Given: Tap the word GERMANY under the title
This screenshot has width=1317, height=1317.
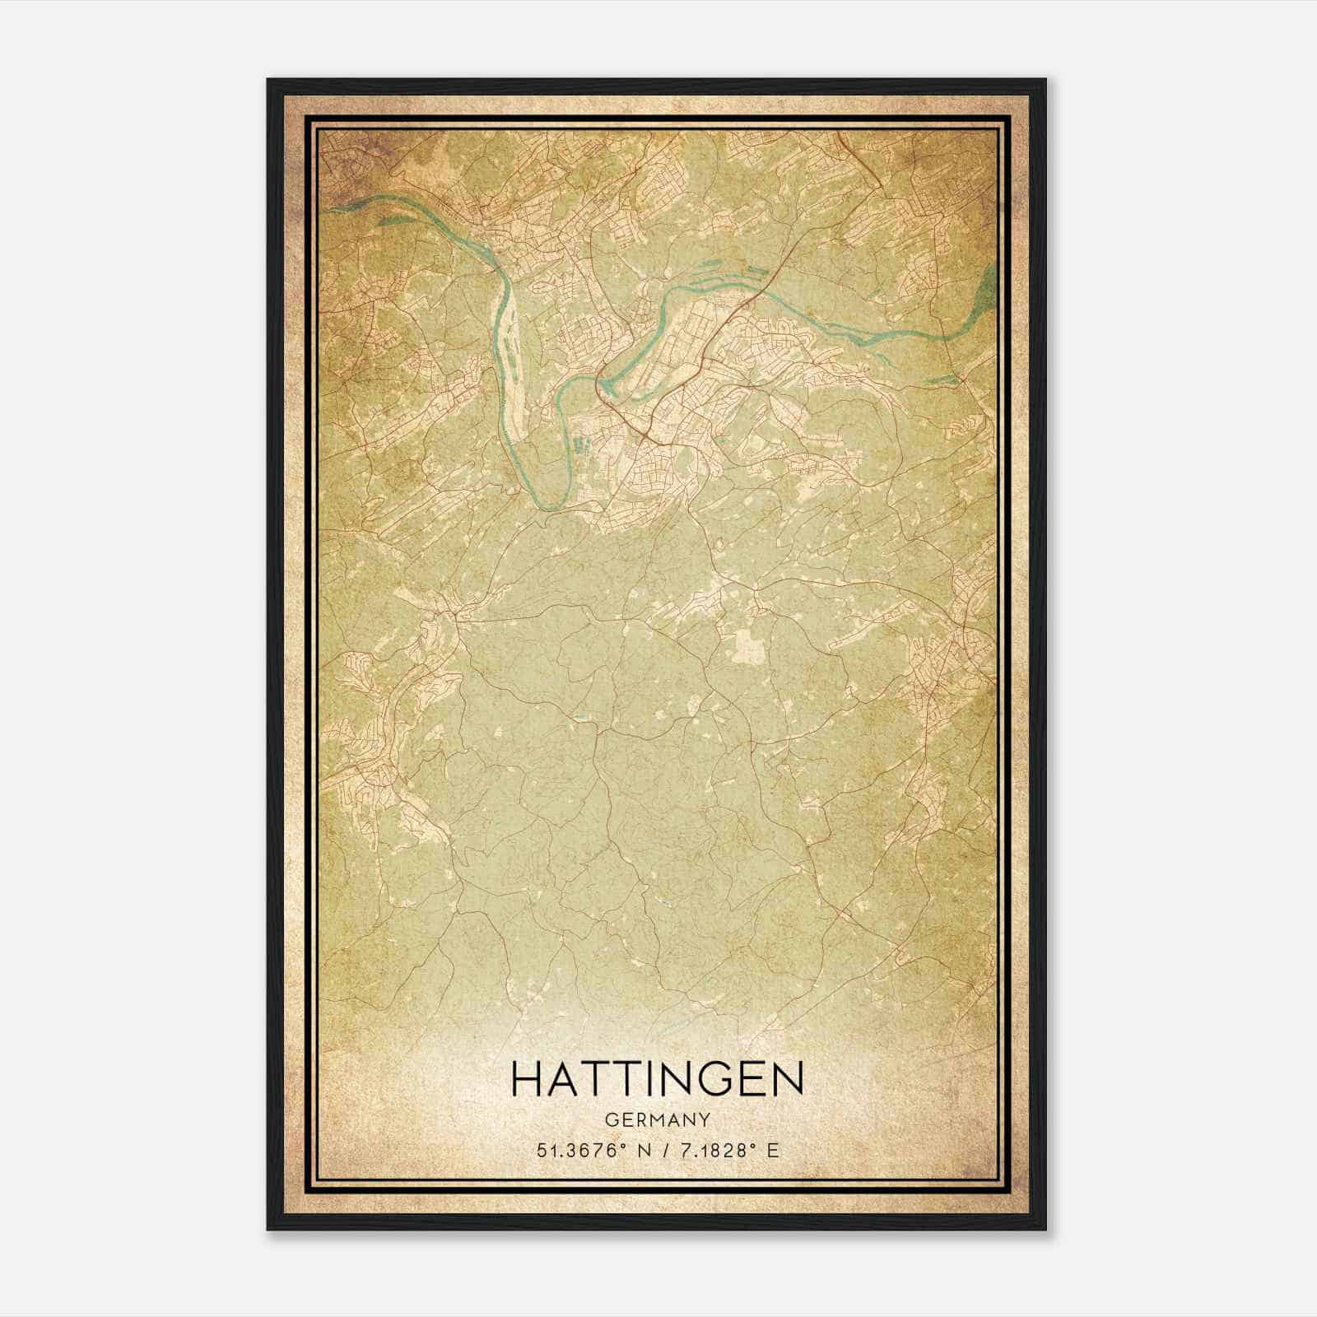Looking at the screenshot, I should pos(656,1119).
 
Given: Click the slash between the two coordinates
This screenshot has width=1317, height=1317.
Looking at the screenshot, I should pos(661,1151).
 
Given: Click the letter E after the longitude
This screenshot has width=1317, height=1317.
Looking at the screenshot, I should pos(771,1151).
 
